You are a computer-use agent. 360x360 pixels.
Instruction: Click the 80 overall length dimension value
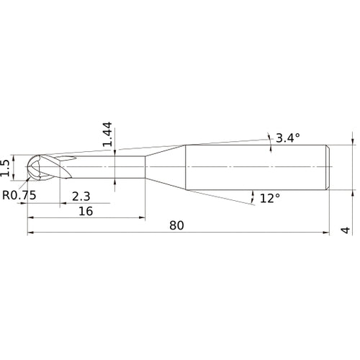pos(177,225)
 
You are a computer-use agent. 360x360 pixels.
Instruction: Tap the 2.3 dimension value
pos(80,196)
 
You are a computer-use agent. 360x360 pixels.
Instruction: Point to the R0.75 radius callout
pos(19,195)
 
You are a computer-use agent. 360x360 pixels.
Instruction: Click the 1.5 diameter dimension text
pos(6,167)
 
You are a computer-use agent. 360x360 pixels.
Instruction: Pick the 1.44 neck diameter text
pos(107,135)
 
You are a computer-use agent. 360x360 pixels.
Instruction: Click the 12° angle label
pos(269,198)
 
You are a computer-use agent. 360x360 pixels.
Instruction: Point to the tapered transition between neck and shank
pos(166,168)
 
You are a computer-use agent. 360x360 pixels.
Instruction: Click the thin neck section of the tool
pos(108,168)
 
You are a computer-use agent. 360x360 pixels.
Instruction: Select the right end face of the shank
pos(330,168)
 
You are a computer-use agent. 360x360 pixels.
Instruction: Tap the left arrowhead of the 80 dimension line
pos(30,233)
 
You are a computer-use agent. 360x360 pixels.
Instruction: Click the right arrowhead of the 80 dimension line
pos(327,233)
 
